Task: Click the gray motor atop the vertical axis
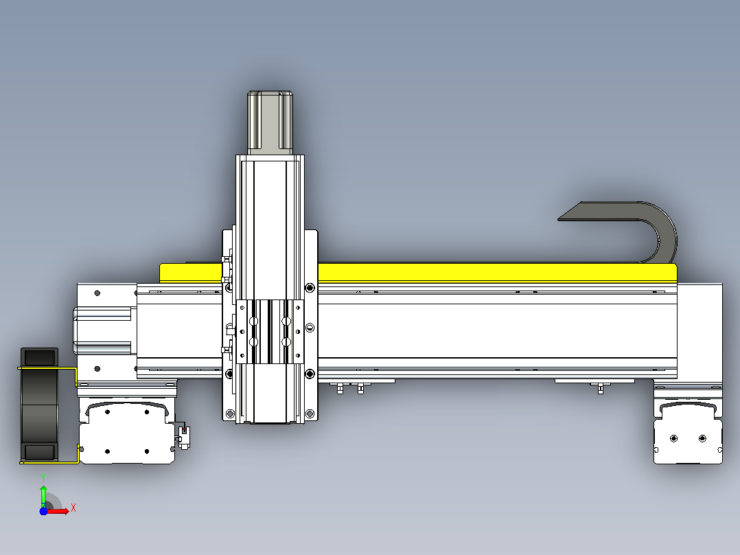click(x=270, y=122)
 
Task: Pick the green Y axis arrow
click(x=43, y=495)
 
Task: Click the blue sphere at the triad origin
click(x=43, y=511)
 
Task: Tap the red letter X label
click(x=73, y=508)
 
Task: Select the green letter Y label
click(x=43, y=477)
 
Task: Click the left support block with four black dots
click(x=126, y=432)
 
